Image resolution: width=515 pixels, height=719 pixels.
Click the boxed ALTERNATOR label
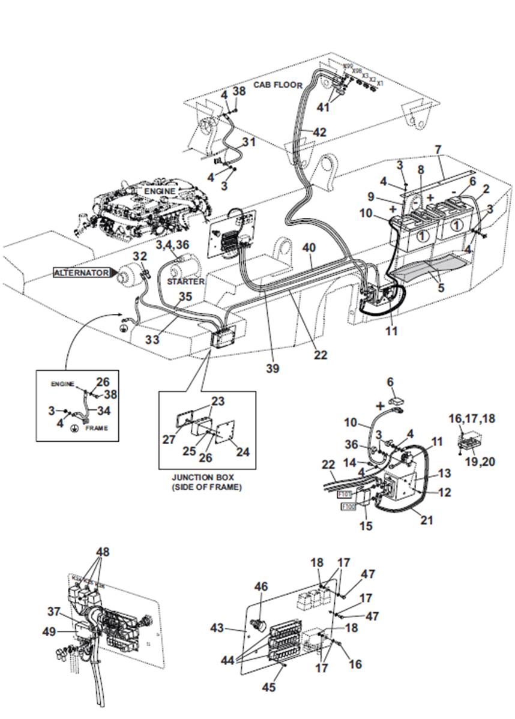pyautogui.click(x=82, y=272)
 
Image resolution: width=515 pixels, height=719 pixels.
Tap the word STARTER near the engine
pyautogui.click(x=186, y=281)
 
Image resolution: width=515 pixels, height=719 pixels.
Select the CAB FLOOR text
pyautogui.click(x=277, y=85)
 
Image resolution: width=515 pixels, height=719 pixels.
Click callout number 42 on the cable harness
pyautogui.click(x=320, y=132)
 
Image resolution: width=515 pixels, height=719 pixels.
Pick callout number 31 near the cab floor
pyautogui.click(x=248, y=142)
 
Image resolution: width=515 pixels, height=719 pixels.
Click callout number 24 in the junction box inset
pyautogui.click(x=243, y=452)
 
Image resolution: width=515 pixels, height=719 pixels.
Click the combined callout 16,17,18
pyautogui.click(x=473, y=418)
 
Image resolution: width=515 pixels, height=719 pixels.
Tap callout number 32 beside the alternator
pyautogui.click(x=139, y=256)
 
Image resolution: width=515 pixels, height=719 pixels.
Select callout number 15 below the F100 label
pyautogui.click(x=366, y=526)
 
